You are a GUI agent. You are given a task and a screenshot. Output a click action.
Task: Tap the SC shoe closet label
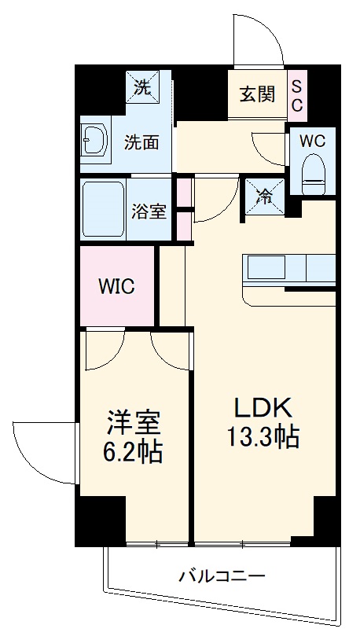(299, 95)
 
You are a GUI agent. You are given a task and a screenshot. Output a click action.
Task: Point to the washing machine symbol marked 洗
(142, 88)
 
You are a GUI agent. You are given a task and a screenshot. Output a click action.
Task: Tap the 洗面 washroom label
(142, 142)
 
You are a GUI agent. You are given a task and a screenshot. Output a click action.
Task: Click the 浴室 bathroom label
(149, 211)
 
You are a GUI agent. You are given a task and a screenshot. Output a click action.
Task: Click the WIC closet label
(116, 286)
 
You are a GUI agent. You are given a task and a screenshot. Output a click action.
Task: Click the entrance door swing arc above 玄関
(259, 41)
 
